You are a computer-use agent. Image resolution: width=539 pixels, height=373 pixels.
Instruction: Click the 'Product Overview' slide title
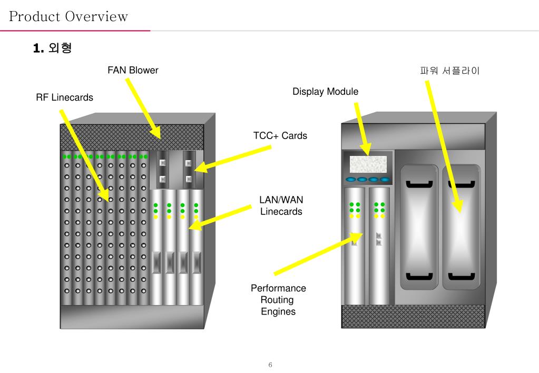coord(68,16)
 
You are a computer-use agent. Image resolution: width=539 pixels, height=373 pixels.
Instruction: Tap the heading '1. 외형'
coord(52,48)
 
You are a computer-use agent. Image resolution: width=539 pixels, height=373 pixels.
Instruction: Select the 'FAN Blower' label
coord(133,70)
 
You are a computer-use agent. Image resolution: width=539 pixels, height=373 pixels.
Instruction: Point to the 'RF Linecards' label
coord(65,97)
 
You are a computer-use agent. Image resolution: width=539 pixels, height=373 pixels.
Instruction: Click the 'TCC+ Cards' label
coord(280,135)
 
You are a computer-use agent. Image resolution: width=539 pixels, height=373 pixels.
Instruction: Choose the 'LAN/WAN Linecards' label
coord(281,205)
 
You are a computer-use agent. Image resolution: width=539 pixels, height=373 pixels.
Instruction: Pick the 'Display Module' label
coord(325,92)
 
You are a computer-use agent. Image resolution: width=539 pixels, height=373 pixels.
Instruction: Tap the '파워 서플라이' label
coord(449,71)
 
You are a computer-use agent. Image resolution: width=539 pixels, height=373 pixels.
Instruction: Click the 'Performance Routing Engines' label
coord(278,300)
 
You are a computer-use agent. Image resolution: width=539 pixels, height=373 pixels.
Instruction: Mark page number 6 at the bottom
coord(270,365)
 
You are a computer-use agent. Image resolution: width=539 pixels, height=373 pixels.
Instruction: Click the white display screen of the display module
coord(368,164)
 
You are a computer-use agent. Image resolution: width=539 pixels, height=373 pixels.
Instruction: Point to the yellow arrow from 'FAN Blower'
coord(143,109)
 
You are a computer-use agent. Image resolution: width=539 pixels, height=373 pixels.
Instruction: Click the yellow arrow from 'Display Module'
coord(362,129)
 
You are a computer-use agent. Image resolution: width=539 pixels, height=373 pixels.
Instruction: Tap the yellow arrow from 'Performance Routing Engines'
coord(318,254)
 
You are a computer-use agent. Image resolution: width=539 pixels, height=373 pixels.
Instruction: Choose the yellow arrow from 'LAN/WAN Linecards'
coord(220,218)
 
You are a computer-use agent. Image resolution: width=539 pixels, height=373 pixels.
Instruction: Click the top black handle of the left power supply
coord(419,184)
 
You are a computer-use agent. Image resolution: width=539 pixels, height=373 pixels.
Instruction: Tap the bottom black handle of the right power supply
coord(462,276)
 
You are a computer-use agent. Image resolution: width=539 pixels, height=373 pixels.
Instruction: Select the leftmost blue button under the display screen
coord(351,180)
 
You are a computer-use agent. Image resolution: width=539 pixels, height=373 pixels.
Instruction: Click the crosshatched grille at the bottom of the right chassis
coord(413,316)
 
